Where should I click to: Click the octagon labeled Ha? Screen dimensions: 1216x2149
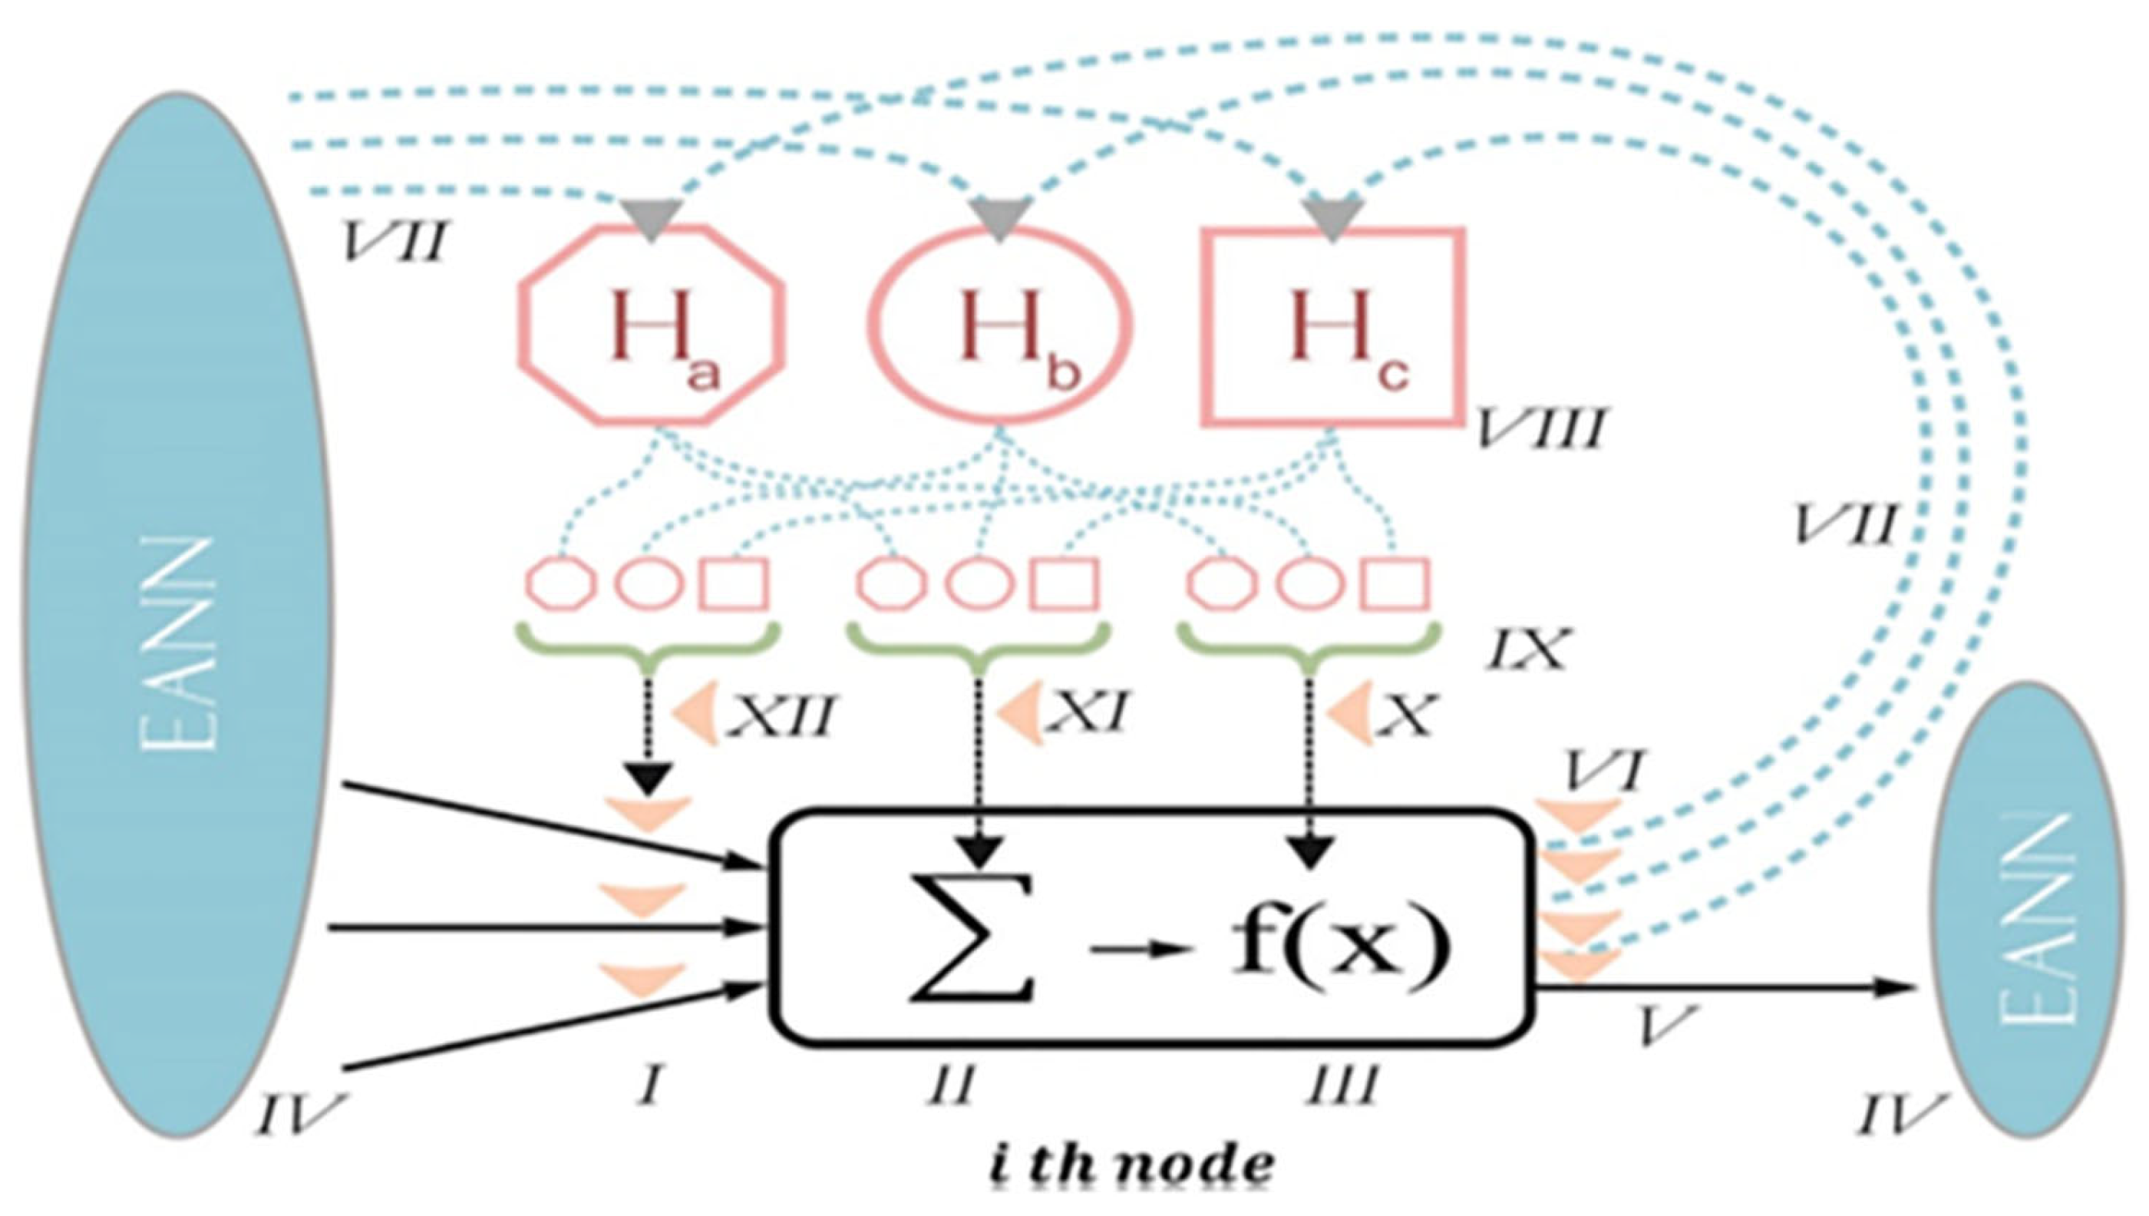point(651,325)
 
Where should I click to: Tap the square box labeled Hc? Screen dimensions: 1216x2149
point(1332,327)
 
